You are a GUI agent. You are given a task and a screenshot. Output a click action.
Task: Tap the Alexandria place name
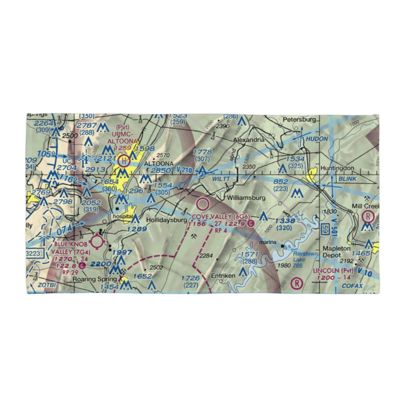pos(248,140)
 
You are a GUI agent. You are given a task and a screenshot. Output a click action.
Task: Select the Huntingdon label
pos(337,168)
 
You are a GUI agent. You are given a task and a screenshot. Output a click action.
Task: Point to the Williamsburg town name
pos(246,198)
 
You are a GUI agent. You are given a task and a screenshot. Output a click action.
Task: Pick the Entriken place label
pos(223,276)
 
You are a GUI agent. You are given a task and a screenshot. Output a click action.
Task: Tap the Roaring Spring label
pos(91,279)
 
